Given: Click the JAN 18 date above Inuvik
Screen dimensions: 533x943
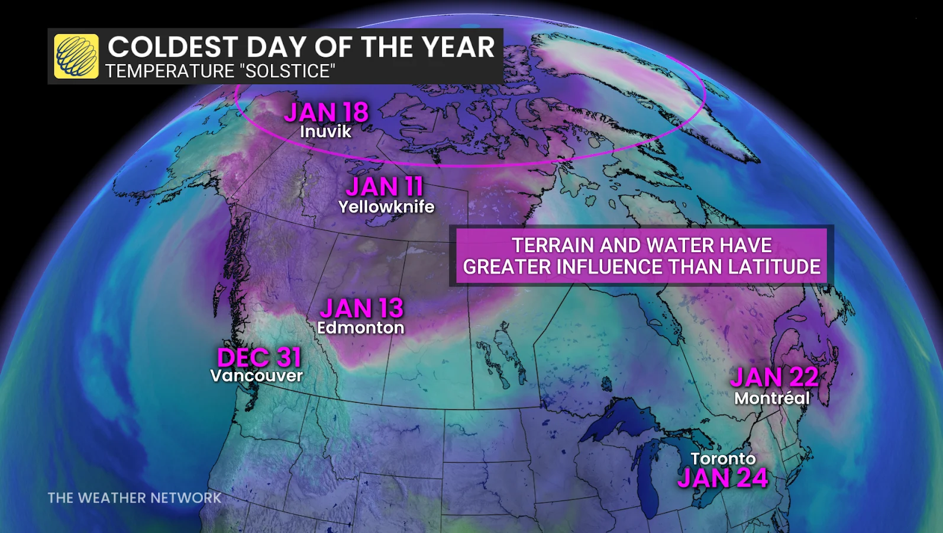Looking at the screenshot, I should [326, 112].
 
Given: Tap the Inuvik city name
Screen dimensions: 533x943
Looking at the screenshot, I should [325, 131].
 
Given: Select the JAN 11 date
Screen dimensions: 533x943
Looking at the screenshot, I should [385, 187].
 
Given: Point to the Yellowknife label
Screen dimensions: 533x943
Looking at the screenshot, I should [386, 207].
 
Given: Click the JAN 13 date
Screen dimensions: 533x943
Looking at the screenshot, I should [361, 308].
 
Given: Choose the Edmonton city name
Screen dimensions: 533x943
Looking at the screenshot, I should [360, 327].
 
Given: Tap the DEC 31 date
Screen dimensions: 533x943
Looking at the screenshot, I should [259, 357].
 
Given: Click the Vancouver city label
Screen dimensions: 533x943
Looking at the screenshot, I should [256, 375].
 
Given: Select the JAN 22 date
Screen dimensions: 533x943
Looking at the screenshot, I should [774, 377].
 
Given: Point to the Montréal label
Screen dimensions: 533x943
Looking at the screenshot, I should [771, 398].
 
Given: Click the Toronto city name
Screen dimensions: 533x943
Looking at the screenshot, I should [723, 458].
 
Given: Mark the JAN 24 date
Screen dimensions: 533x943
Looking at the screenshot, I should [722, 478].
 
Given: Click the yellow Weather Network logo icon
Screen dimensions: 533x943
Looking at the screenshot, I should [76, 56].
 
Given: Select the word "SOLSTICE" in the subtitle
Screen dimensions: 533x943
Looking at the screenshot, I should [287, 71].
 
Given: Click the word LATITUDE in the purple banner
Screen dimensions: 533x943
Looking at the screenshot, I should [774, 266].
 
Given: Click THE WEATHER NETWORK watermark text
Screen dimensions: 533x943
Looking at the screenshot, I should [134, 497].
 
